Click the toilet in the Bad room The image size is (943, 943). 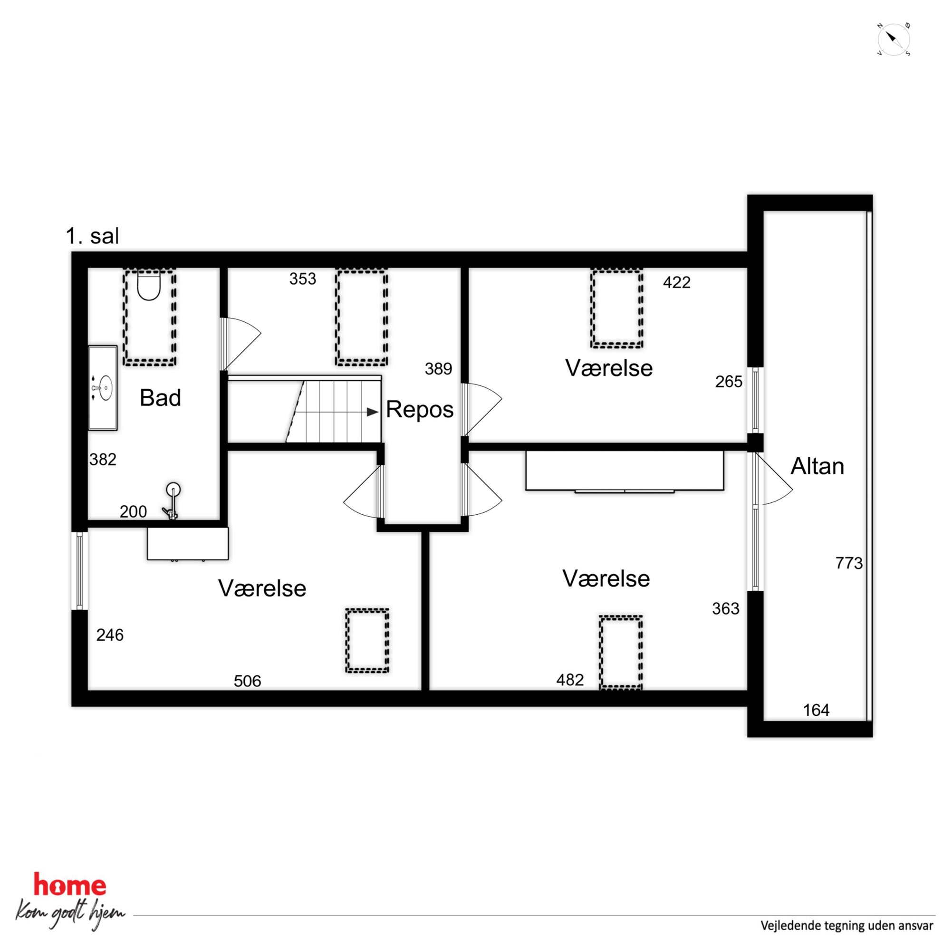(149, 285)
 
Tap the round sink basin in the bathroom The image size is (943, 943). (106, 387)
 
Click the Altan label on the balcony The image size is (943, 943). (817, 466)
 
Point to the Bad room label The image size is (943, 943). (160, 398)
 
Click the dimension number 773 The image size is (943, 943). (849, 563)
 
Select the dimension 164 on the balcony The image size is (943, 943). (816, 710)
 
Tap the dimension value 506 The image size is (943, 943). (248, 681)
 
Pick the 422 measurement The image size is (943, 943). (676, 282)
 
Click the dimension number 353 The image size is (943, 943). (303, 279)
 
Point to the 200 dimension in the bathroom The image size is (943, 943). (133, 511)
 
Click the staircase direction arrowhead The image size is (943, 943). (373, 412)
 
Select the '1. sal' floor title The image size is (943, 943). (92, 236)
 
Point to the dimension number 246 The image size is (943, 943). (110, 635)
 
